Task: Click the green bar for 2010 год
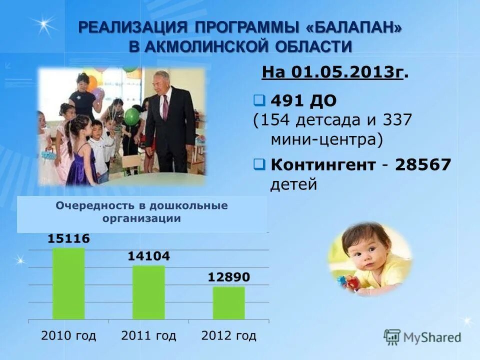coord(68,283)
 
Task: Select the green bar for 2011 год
coord(148,292)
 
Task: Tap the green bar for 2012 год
coord(228,303)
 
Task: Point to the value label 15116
coord(68,239)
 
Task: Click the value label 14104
coord(148,256)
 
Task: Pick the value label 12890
coord(228,277)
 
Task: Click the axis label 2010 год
coord(68,335)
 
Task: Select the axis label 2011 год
coord(148,335)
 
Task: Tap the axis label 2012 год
coord(228,335)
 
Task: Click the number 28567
coord(423,164)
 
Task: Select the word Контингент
coord(323,164)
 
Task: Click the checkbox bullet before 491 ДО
coord(259,100)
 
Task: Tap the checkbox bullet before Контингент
coord(259,163)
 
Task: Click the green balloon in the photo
coord(132,116)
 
